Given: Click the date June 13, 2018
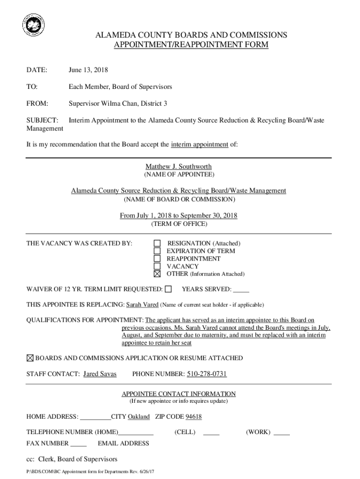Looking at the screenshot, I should point(88,70).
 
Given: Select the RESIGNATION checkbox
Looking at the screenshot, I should point(158,243).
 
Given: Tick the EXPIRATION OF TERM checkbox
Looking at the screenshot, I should point(158,251).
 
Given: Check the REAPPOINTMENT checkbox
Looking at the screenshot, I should point(158,259).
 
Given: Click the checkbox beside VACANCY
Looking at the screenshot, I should point(158,266).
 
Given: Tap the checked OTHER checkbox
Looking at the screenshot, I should point(158,274).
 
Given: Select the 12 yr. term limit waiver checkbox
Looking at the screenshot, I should point(168,289).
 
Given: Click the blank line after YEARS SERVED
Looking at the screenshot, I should point(241,290).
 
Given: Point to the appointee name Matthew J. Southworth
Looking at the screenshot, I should point(179,167).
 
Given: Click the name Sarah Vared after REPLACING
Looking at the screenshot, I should point(143,305).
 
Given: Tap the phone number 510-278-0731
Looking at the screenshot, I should point(207,374).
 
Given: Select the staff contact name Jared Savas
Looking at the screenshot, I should point(100,374).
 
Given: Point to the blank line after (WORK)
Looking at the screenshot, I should point(281,433).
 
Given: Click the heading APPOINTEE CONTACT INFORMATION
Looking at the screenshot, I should point(179,394).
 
